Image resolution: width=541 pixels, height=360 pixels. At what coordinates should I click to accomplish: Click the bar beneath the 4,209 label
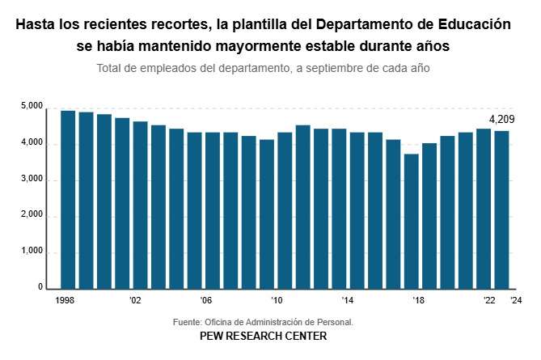[501, 210]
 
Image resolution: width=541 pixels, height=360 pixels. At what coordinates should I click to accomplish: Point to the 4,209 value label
[501, 120]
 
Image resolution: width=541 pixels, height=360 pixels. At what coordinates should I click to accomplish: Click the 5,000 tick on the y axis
[32, 107]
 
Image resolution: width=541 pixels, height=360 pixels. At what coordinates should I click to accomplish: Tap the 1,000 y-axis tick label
[32, 252]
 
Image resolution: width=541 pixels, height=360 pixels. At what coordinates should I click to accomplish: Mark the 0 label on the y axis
[39, 287]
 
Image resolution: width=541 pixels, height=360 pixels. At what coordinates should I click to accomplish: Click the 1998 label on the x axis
[66, 300]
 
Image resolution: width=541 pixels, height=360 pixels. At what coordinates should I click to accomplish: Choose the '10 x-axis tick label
[277, 300]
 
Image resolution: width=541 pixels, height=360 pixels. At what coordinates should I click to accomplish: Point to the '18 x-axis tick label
[419, 300]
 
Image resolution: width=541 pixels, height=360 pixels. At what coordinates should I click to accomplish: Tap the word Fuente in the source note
[188, 322]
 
